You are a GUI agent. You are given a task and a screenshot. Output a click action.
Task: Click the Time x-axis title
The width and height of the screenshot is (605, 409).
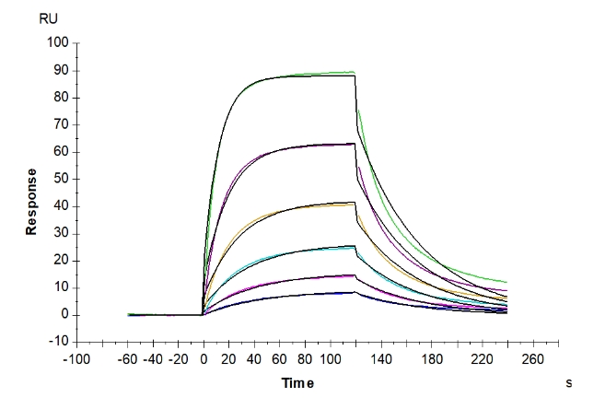pyautogui.click(x=297, y=382)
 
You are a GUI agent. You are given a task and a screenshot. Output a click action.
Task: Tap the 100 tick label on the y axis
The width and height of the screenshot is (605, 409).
pyautogui.click(x=58, y=43)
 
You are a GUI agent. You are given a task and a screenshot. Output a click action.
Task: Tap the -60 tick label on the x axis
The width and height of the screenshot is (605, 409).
pyautogui.click(x=128, y=359)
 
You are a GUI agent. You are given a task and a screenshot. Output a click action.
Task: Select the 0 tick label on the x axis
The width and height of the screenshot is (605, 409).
pyautogui.click(x=204, y=359)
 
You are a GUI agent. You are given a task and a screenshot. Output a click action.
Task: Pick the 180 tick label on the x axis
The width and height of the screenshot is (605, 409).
pyautogui.click(x=431, y=359)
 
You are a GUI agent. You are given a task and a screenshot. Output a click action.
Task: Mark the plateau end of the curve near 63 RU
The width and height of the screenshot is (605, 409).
pyautogui.click(x=355, y=144)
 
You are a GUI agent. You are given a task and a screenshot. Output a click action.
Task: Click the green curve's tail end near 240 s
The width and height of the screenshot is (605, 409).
pyautogui.click(x=506, y=282)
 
